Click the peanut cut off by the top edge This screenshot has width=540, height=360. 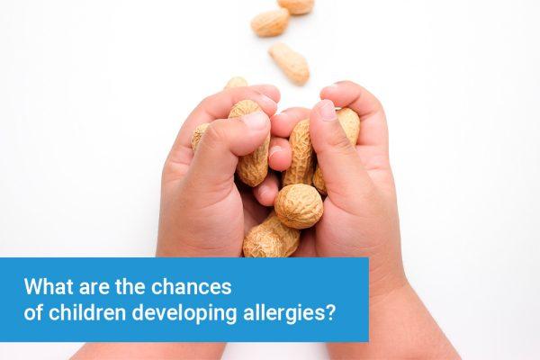coord(296,5)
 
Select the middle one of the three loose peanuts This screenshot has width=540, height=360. coord(270,22)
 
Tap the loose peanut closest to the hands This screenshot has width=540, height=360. coord(289,63)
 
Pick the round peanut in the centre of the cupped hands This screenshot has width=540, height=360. coord(298,204)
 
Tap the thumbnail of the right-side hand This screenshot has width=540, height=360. coord(325,110)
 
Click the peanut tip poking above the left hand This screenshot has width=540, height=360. coord(236,83)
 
